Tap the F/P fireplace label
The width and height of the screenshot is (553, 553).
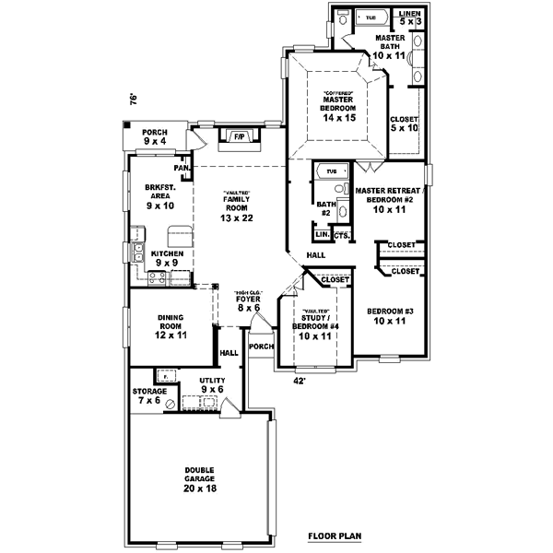238,137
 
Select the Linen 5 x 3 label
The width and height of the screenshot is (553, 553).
407,18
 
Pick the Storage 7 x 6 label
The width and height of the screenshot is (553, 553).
149,396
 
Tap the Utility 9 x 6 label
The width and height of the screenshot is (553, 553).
213,385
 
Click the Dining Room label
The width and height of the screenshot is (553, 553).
171,324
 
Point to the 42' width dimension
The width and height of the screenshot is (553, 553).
299,379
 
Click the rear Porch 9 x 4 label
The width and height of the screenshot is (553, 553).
155,136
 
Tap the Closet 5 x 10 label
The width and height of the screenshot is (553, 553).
405,124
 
